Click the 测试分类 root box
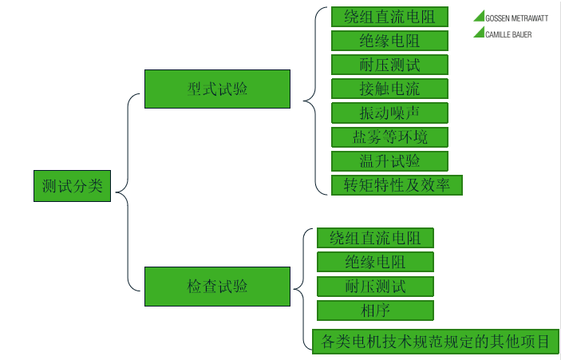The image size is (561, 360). (73, 185)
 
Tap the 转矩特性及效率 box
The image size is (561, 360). (397, 185)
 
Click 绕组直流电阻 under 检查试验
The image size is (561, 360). (375, 237)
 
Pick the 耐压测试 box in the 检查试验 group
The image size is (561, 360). (375, 286)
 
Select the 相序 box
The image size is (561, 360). (375, 310)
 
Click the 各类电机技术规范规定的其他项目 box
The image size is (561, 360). (435, 341)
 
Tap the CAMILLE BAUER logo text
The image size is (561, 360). (508, 34)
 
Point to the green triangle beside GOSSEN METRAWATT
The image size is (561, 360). (480, 16)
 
